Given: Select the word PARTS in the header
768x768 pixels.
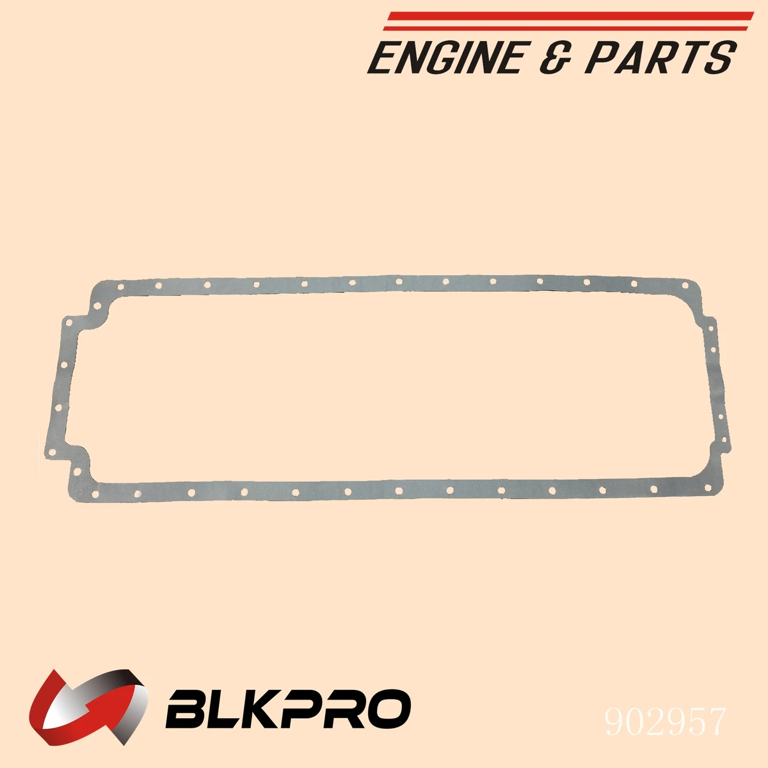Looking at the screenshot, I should pyautogui.click(x=659, y=58).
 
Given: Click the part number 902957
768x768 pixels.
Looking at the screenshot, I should pyautogui.click(x=666, y=721).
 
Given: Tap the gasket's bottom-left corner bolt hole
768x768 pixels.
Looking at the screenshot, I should pyautogui.click(x=94, y=493).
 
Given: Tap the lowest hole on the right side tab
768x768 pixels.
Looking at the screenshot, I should pyautogui.click(x=724, y=441).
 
